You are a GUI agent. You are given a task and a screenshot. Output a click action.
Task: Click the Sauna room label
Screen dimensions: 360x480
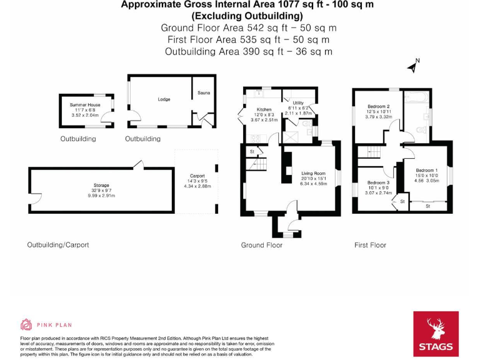(203, 93)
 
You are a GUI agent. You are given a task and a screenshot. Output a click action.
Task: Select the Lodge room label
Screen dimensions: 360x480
(164, 99)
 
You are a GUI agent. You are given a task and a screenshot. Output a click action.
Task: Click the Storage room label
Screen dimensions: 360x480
(102, 186)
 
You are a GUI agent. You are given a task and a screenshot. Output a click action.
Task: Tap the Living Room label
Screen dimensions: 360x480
(314, 173)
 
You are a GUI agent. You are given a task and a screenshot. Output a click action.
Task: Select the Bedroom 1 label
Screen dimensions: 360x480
(427, 171)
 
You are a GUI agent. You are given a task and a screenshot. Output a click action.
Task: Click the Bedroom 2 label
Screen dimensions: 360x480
(379, 106)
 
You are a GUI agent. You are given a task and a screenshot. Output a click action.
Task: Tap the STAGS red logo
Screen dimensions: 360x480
(436, 333)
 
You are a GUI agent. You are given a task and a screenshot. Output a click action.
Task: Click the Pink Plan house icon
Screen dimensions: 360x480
(26, 324)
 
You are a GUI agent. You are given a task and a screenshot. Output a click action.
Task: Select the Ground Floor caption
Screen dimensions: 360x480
(261, 246)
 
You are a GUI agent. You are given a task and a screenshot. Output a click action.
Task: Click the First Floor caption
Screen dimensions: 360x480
(370, 246)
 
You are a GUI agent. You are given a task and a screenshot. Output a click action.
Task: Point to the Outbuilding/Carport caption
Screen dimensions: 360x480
(57, 245)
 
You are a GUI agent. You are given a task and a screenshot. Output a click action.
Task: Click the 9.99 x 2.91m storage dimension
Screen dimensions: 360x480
(102, 196)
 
